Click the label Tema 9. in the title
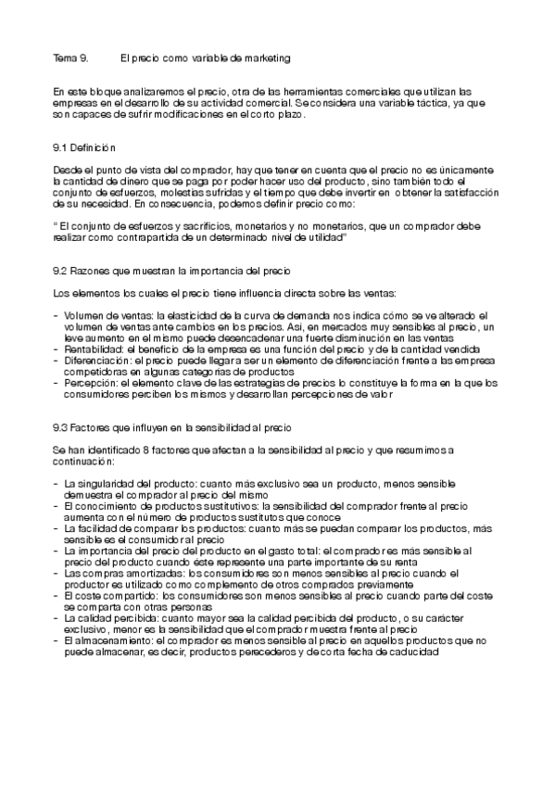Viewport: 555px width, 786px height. pos(71,58)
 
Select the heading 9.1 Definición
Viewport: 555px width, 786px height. pos(84,147)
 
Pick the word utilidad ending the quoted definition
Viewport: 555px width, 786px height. pos(326,236)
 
